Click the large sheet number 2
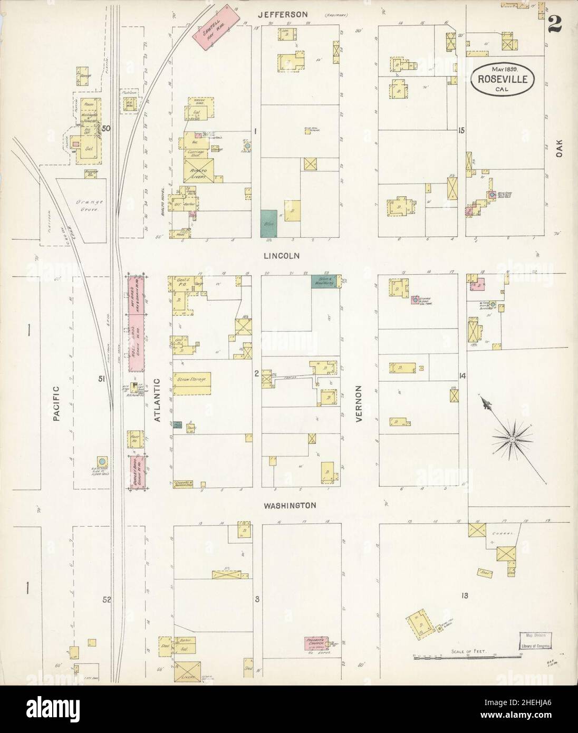pos(553,24)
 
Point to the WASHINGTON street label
pos(290,505)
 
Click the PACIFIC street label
pos(57,404)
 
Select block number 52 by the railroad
pos(107,600)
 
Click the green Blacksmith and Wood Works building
pos(325,281)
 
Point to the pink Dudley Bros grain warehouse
pos(138,471)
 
